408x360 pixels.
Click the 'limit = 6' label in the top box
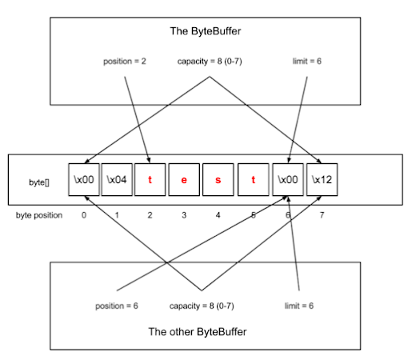tap(303, 61)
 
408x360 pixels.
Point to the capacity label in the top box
tap(210, 61)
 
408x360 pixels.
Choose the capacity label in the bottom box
tap(201, 306)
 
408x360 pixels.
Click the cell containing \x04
tap(117, 181)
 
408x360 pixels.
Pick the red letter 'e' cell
tap(184, 181)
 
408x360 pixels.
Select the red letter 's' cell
tap(218, 181)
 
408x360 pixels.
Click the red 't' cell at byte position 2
tap(150, 181)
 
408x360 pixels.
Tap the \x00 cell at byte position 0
tap(83, 181)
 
